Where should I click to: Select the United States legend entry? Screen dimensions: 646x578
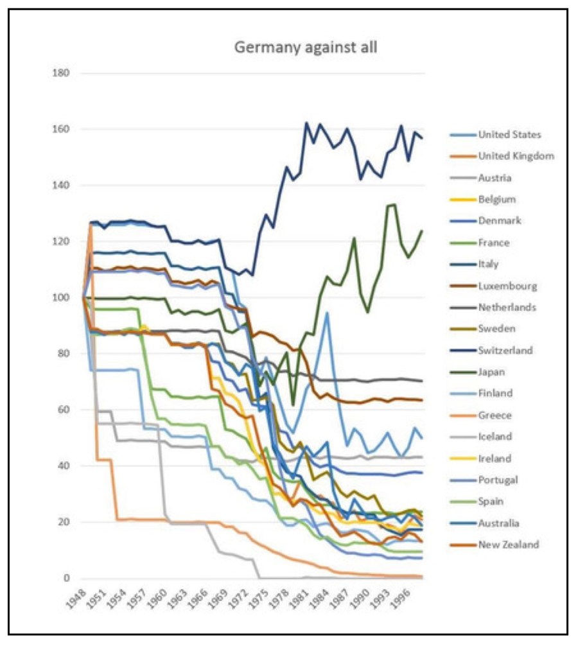coord(509,134)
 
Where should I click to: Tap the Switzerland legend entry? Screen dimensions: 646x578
coord(505,351)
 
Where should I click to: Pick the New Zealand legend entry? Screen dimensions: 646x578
coord(509,545)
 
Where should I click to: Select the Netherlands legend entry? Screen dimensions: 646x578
coord(507,307)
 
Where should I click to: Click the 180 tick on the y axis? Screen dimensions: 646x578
coord(62,73)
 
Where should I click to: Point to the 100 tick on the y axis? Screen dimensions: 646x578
coord(62,297)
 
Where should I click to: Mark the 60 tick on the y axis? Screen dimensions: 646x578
coord(64,410)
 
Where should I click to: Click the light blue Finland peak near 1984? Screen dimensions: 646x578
coord(328,313)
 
